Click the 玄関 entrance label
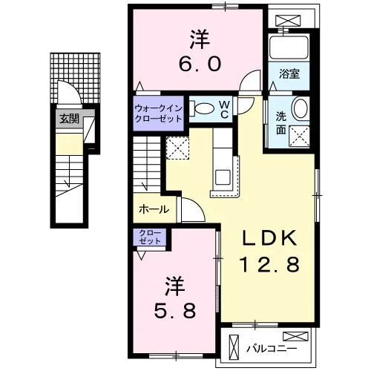click(x=69, y=119)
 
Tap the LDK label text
click(x=269, y=238)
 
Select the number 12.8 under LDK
click(x=269, y=264)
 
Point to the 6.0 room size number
click(x=200, y=64)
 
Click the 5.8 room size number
click(x=175, y=310)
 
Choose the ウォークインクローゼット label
click(x=159, y=114)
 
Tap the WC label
click(x=224, y=110)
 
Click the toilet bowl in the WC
click(x=203, y=108)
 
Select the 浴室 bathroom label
click(x=289, y=73)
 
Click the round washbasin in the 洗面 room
click(x=301, y=108)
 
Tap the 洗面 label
click(x=281, y=123)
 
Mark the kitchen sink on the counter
click(x=223, y=177)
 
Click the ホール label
click(x=154, y=209)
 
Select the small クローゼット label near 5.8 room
click(x=149, y=237)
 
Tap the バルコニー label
click(x=272, y=349)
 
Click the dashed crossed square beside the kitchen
click(x=177, y=148)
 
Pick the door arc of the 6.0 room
click(x=247, y=76)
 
